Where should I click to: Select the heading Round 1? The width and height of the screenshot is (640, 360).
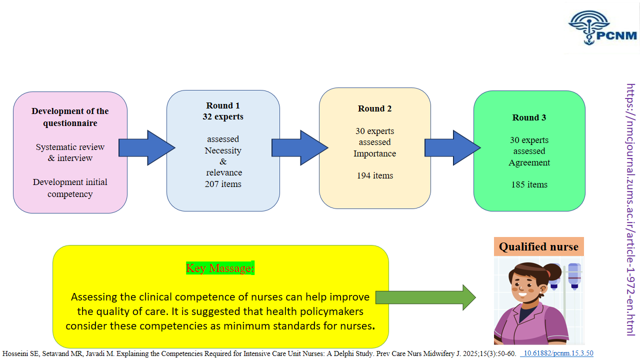[223, 105]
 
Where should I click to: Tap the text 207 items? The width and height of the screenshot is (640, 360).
[223, 184]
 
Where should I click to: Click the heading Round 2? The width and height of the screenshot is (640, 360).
[375, 108]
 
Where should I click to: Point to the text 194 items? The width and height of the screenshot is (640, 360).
[375, 175]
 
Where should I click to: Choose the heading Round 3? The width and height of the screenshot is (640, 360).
[529, 117]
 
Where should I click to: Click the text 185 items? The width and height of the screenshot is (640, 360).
[529, 184]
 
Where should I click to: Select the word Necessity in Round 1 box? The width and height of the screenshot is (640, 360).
[223, 150]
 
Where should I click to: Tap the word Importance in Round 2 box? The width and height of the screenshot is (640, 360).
[375, 153]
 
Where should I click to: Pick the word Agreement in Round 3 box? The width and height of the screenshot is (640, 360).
[529, 162]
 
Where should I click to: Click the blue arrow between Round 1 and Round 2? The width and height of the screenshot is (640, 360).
[299, 147]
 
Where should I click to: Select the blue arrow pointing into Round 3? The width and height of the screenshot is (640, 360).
[452, 147]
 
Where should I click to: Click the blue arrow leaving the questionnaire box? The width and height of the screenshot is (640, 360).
[146, 147]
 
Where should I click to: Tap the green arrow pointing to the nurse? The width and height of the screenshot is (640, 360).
[425, 297]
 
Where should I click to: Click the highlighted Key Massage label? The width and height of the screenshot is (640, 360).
[220, 268]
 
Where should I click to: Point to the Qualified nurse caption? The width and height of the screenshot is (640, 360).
[538, 246]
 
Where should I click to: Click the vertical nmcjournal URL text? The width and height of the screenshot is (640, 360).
[630, 209]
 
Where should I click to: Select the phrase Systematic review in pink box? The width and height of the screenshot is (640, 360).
[70, 147]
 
